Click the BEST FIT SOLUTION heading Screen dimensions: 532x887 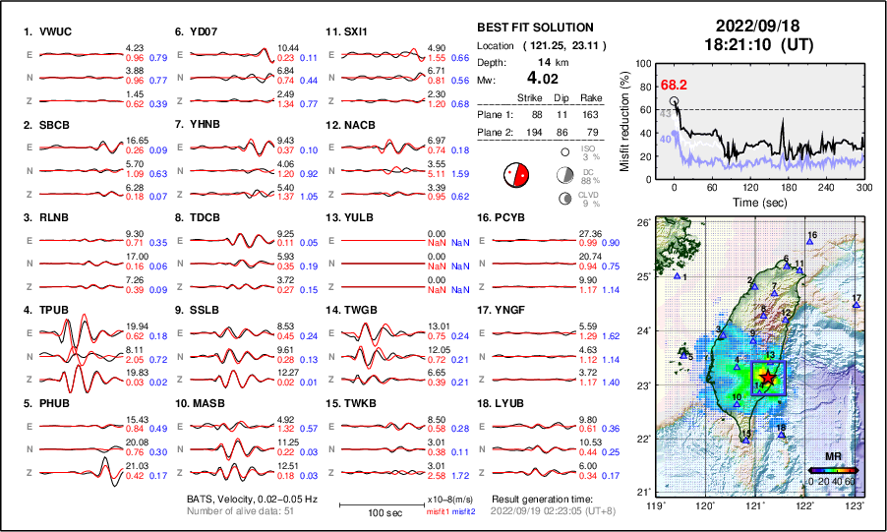535,28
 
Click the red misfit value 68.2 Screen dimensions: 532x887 675,87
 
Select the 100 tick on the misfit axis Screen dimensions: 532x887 644,63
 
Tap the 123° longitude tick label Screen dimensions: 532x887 857,504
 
